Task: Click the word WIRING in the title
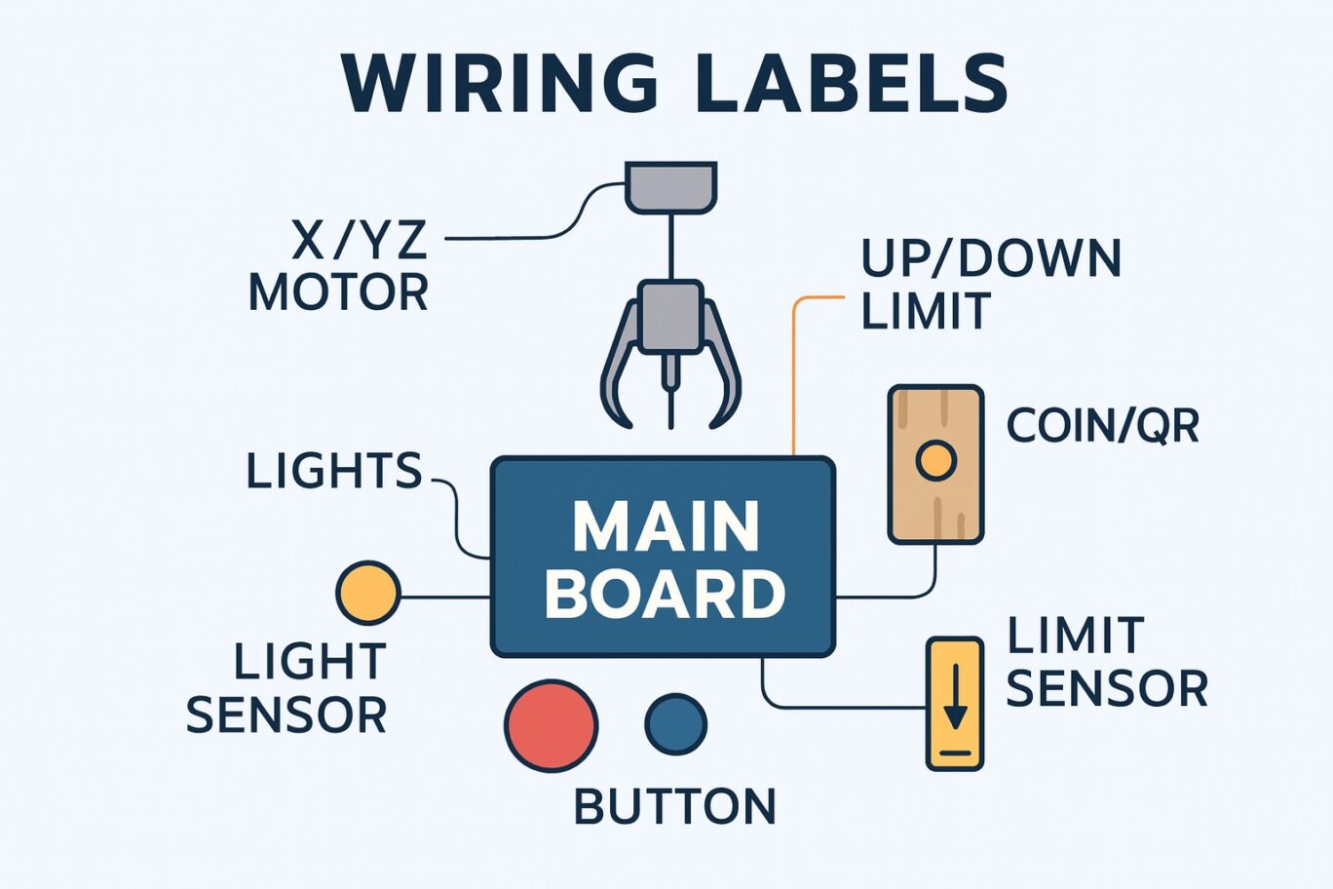(x=499, y=83)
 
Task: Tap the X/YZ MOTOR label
(x=338, y=265)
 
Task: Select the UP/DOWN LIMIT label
(x=991, y=284)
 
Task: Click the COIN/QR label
(x=1102, y=426)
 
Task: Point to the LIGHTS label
(x=334, y=471)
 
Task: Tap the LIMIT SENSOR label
(x=1107, y=662)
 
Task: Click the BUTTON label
(x=675, y=806)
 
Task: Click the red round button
(x=552, y=724)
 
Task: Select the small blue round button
(x=676, y=723)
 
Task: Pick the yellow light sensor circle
(x=368, y=593)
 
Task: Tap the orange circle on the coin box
(x=936, y=460)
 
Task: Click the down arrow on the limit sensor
(x=955, y=696)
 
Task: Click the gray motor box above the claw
(x=671, y=187)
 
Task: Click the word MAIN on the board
(x=665, y=527)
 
